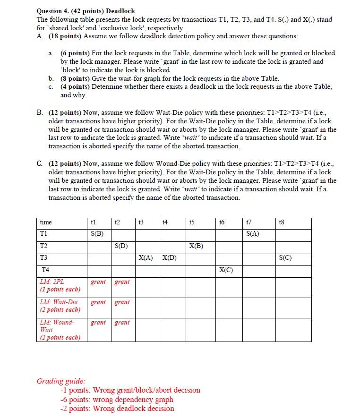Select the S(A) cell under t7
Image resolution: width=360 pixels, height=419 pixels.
252,234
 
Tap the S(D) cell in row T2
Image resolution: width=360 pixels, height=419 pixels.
121,246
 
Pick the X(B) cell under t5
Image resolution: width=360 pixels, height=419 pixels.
196,246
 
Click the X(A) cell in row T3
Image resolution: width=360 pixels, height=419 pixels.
146,258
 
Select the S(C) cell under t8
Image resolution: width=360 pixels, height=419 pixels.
285,258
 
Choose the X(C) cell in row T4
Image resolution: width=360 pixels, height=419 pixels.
226,270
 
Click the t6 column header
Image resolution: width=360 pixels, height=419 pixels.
223,222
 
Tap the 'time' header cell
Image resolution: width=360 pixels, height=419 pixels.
46,222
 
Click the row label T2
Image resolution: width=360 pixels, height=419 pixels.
44,246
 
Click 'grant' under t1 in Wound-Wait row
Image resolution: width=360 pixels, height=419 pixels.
98,323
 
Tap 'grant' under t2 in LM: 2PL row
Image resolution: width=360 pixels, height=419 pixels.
122,282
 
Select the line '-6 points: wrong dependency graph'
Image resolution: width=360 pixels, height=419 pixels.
117,399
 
